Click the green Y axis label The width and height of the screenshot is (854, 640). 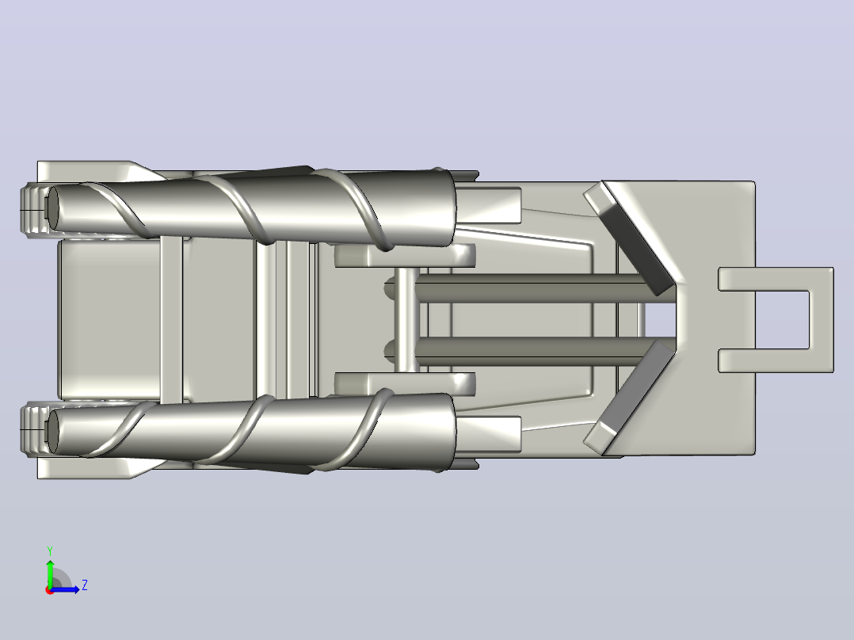(x=50, y=550)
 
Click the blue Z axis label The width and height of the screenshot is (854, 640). (x=85, y=585)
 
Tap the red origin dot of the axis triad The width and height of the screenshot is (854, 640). (x=50, y=590)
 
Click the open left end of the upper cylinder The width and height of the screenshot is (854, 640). (x=53, y=208)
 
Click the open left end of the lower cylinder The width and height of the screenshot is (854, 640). (x=53, y=432)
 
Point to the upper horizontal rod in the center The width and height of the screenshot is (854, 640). (x=531, y=288)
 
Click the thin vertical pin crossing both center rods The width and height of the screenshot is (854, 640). (x=406, y=320)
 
